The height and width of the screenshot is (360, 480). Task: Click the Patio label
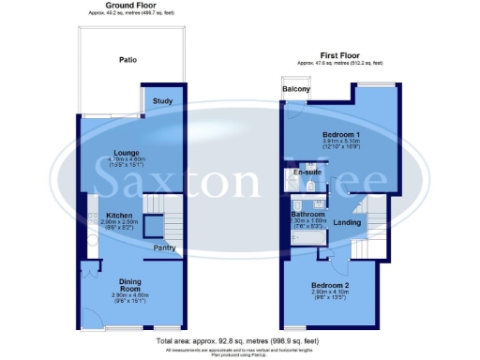coord(128,61)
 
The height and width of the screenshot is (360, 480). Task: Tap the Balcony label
coord(295,91)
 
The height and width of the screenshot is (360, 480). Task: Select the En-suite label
coord(306,173)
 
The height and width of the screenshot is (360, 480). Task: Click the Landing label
coord(348,223)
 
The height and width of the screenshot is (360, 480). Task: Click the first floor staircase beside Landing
coord(374,216)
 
